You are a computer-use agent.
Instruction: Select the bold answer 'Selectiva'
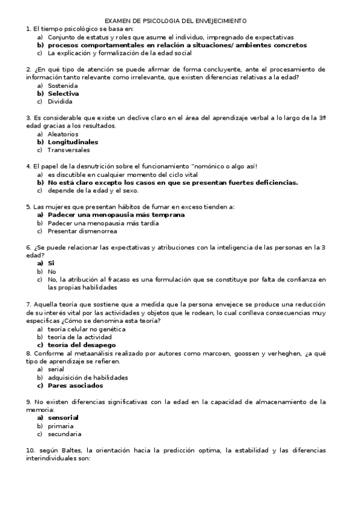[63, 94]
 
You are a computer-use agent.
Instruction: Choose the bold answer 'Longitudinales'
[73, 143]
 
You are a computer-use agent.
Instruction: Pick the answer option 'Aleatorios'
[63, 135]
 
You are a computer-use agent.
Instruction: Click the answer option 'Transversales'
[69, 150]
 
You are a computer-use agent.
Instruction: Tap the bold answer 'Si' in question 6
[51, 263]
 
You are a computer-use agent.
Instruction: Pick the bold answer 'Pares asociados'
[75, 386]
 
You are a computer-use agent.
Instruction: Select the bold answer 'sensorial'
[63, 417]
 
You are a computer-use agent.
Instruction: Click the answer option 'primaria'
[61, 426]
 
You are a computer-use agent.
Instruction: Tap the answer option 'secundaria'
[64, 434]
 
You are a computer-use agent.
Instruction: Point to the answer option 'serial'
[56, 369]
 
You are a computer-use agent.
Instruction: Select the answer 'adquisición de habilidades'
[88, 378]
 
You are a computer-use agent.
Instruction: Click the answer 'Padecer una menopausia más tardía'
[103, 223]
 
